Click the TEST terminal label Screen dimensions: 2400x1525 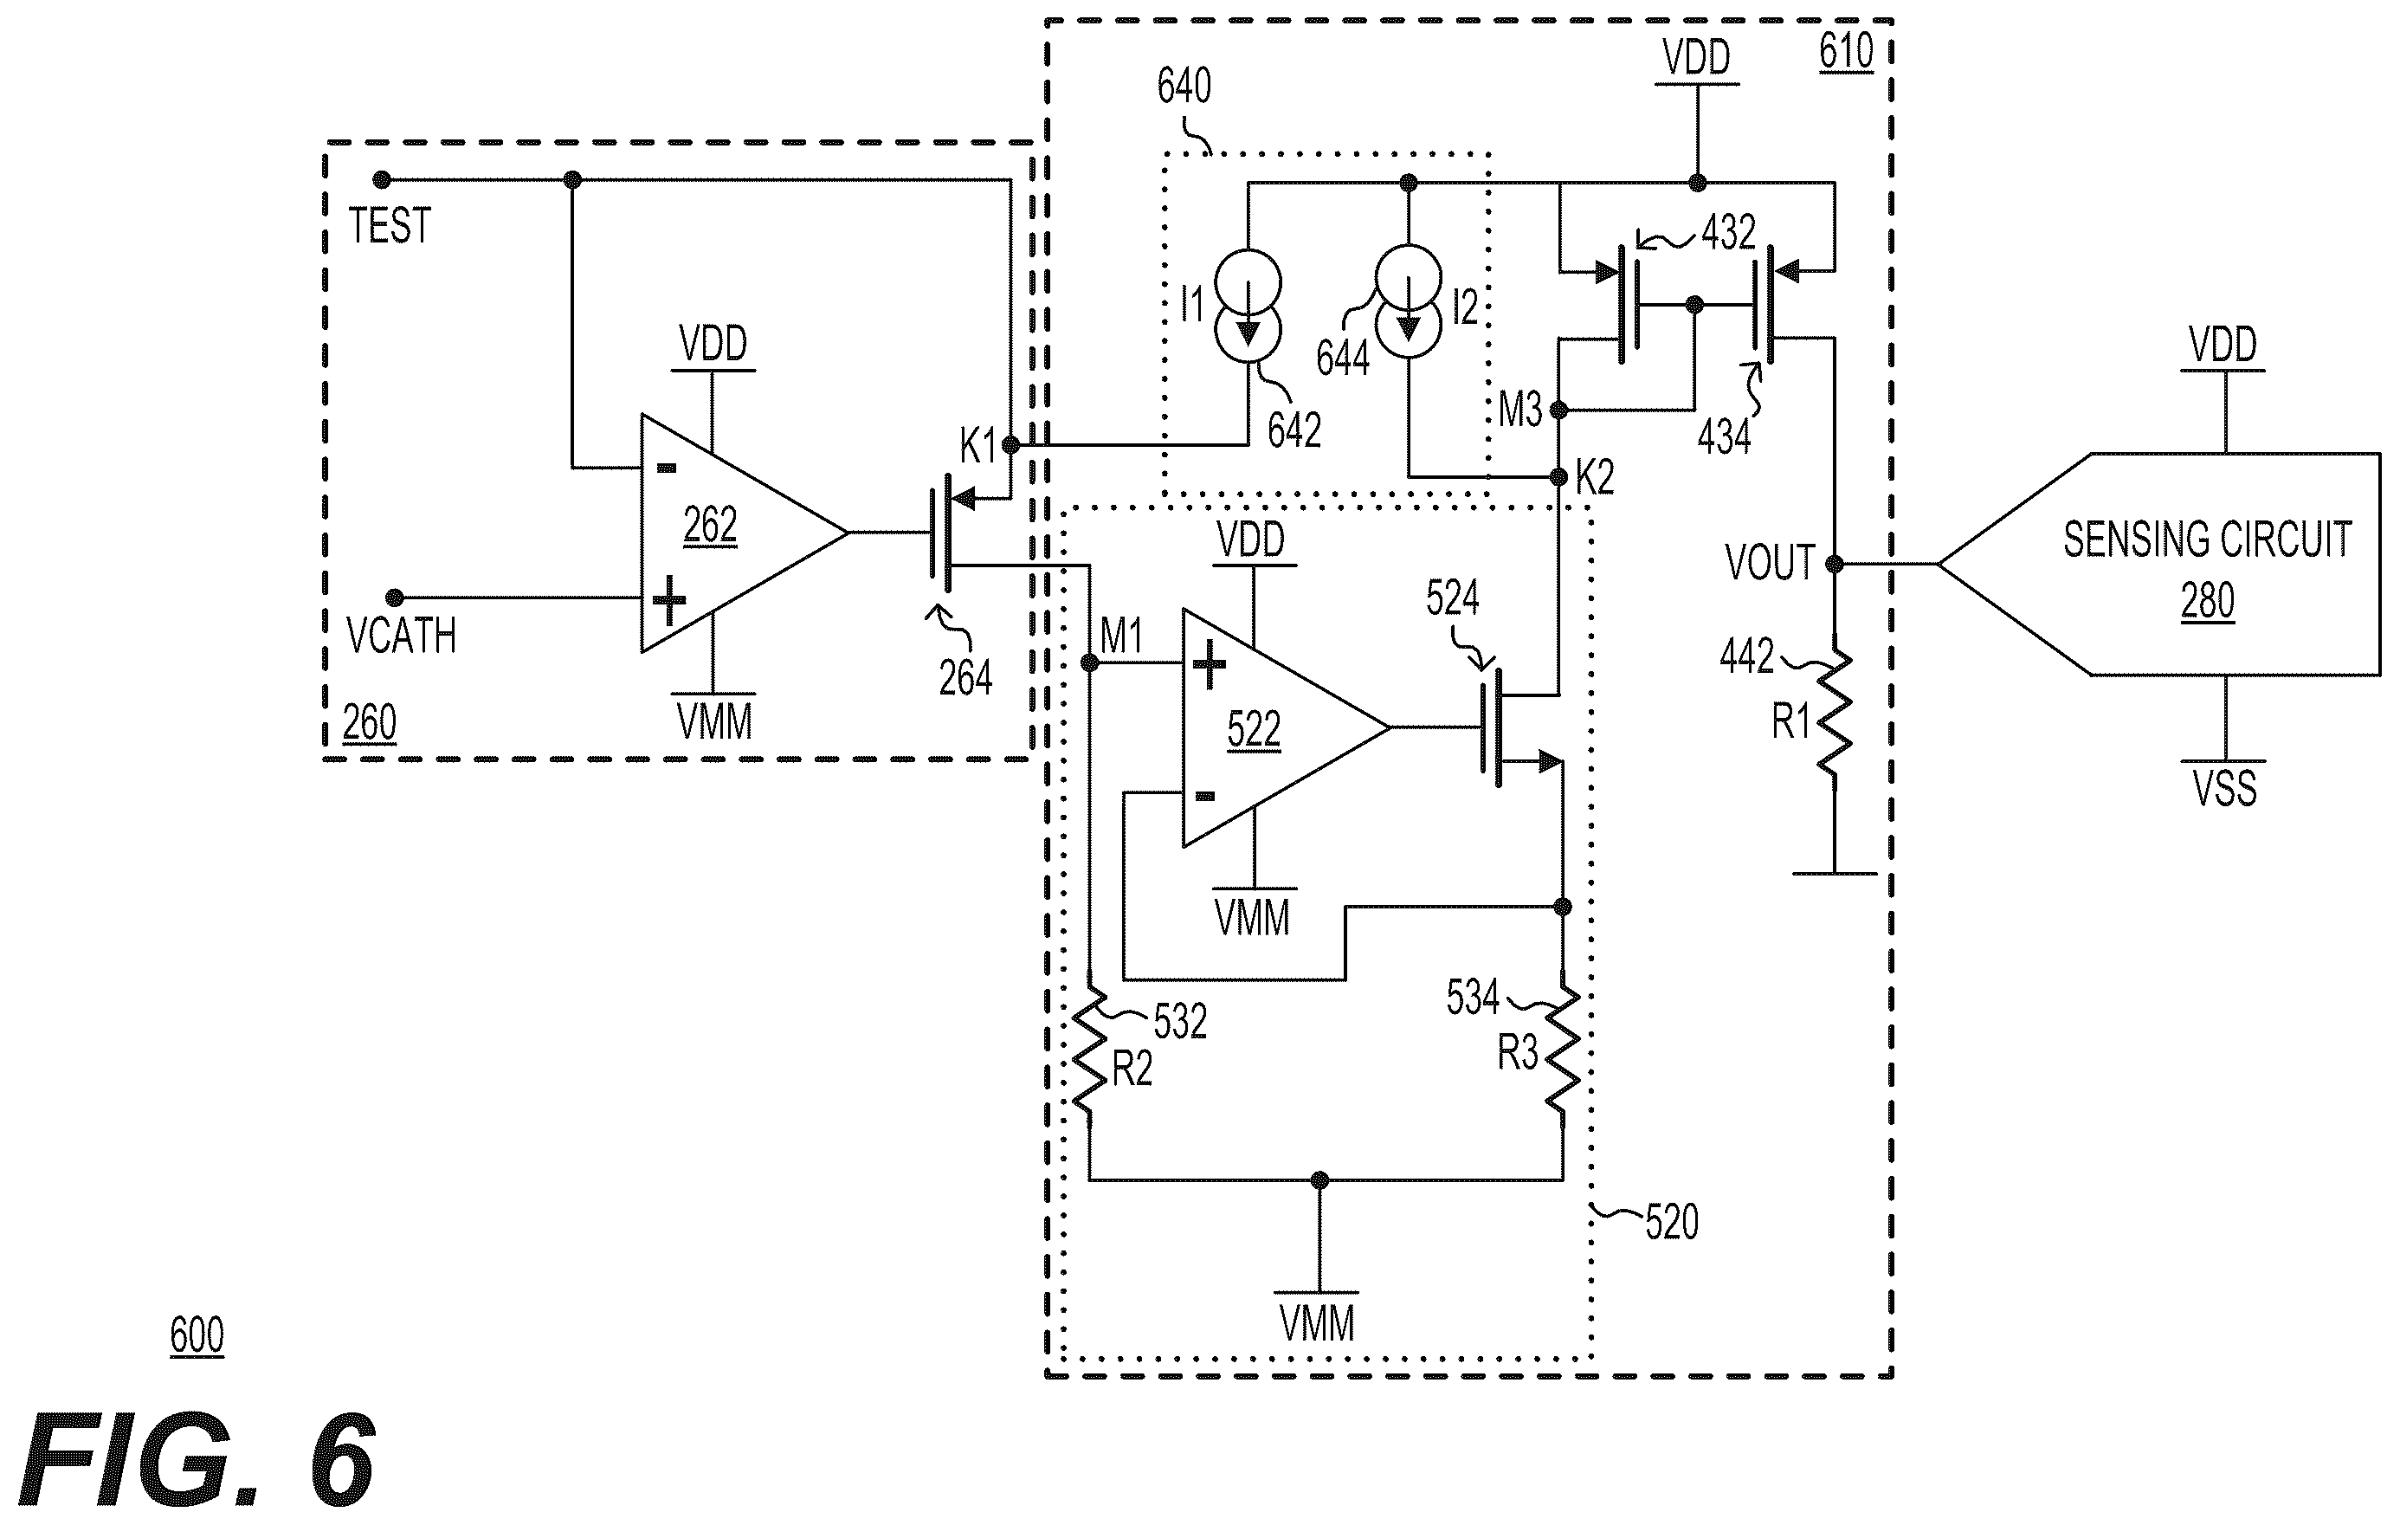tap(390, 225)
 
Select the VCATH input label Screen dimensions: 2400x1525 tap(401, 636)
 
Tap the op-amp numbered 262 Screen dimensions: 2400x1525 tap(744, 533)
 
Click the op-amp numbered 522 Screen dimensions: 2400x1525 tap(1286, 727)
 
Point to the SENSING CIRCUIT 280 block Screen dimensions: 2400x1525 tap(2158, 564)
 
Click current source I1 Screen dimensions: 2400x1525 tap(1248, 306)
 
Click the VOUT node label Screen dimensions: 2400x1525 tap(1770, 563)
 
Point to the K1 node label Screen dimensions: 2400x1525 tap(977, 447)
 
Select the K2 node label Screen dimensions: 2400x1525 tap(1595, 478)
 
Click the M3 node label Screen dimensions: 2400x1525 tap(1520, 410)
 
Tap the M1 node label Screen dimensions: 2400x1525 tap(1121, 636)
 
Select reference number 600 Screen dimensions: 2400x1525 tap(197, 1334)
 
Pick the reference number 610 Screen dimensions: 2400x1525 tap(1846, 51)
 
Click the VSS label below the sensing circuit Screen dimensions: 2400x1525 tap(2224, 787)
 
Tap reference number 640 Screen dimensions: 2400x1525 tap(1184, 86)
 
